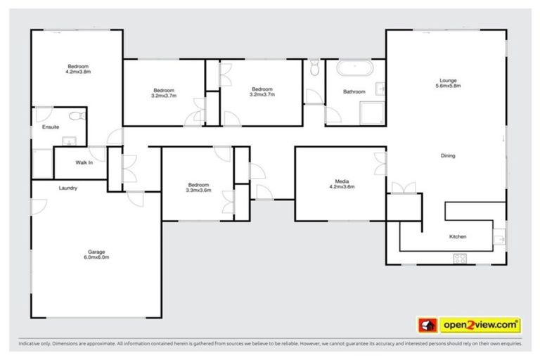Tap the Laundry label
[68, 188]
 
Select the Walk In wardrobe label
[84, 162]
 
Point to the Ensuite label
[51, 127]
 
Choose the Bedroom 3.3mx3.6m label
[198, 188]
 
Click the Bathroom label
[354, 92]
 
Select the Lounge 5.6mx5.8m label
[448, 83]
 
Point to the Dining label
[448, 155]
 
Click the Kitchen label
[458, 237]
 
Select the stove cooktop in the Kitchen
[461, 258]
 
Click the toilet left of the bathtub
[314, 67]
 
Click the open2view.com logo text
[480, 326]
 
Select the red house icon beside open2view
[426, 326]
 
